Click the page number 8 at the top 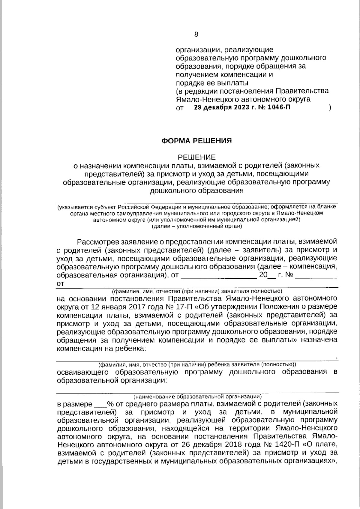pyautogui.click(x=196, y=34)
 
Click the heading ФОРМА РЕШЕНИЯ pyautogui.click(x=196, y=141)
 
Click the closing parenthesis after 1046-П pyautogui.click(x=330, y=108)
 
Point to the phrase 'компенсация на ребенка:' pyautogui.click(x=102, y=348)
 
